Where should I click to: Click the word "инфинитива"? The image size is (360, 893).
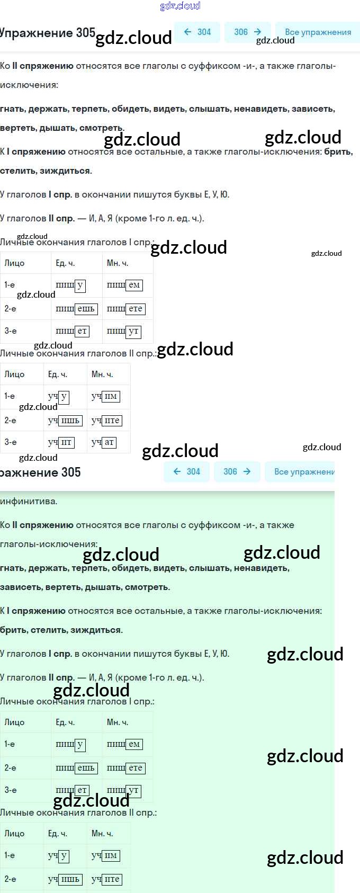pos(29,501)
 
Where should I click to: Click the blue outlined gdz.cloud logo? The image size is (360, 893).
pos(180,6)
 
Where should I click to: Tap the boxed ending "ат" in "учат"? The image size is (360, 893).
pos(109,442)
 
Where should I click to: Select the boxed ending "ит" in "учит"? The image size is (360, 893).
pos(66,442)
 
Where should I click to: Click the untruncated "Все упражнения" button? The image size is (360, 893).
pos(318,32)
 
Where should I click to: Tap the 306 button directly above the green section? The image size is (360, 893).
pos(237,471)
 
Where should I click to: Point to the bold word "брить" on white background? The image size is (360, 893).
pos(338,151)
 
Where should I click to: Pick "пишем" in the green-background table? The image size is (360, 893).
pos(124,744)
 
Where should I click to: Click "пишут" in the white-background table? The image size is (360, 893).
pos(124,332)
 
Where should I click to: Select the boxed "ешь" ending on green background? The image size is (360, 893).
pos(86,768)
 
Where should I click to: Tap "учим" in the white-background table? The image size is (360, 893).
pos(105,396)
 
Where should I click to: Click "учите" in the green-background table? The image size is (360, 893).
pos(106,879)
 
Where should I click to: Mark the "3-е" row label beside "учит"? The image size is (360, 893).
pos(11,442)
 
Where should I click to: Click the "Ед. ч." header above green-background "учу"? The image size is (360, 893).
pos(58,833)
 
